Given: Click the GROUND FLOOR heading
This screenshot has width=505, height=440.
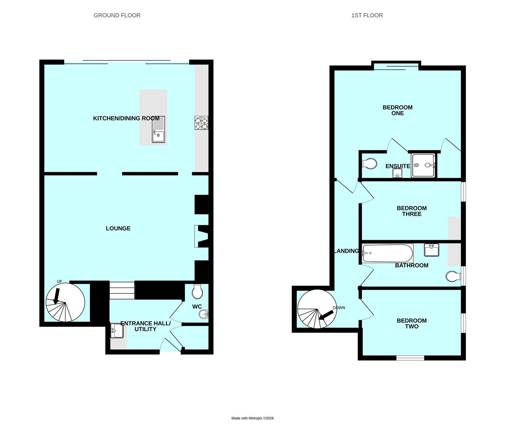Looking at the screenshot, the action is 117,15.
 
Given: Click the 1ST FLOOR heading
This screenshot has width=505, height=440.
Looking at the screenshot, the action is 367,15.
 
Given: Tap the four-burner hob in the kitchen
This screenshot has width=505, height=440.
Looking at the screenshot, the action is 201,123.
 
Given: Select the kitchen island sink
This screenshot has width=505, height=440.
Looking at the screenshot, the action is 158,130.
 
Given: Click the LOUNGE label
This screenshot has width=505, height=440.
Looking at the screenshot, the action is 118,228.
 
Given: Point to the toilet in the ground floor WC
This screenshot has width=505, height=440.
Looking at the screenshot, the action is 197,292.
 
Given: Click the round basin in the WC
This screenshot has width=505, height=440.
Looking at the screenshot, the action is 203,314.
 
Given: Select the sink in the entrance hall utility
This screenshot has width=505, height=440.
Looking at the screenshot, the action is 117,330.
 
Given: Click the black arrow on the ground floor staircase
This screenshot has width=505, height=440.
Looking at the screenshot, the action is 57,296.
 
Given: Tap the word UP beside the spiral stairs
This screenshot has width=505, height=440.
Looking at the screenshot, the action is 59,282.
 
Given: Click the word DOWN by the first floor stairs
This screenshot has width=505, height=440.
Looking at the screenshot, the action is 339,308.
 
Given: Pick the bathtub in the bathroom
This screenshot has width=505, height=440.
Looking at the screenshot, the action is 387,253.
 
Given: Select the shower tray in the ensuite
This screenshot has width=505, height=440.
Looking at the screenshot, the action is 423,165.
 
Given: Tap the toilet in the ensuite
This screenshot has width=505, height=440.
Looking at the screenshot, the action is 369,163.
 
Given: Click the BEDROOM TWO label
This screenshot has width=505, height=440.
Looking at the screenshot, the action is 411,323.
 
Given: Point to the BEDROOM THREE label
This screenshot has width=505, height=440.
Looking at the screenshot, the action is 411,211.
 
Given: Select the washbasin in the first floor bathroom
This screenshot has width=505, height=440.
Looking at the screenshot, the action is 431,250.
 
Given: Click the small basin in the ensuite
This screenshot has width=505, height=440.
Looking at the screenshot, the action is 397,173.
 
